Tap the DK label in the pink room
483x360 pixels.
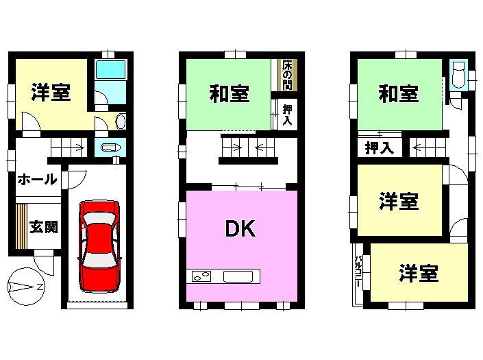(240, 228)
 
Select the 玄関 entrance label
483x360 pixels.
(43, 226)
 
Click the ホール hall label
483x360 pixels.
(37, 180)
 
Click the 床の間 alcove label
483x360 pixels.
(286, 75)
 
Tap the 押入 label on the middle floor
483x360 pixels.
(288, 115)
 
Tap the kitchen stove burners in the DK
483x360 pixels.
(201, 278)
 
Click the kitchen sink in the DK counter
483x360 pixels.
(239, 278)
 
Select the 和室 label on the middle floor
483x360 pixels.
(229, 94)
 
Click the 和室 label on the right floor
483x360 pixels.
(399, 94)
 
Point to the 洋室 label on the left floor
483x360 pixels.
(51, 93)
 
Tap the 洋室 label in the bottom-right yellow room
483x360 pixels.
(418, 273)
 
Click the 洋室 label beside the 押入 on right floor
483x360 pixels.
(399, 202)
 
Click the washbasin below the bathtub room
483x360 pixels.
(121, 121)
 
